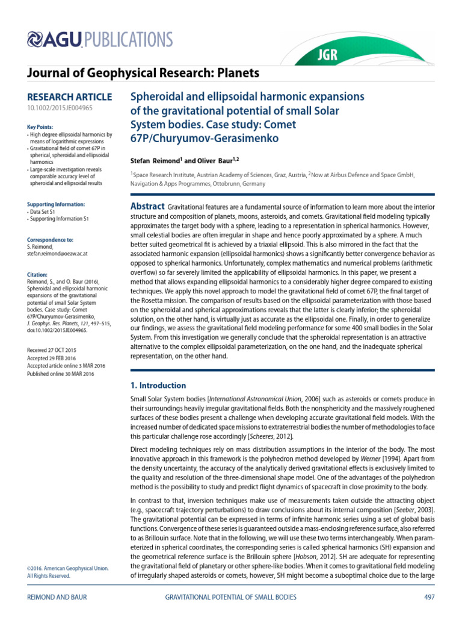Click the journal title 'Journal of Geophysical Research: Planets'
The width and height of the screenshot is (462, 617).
point(144,74)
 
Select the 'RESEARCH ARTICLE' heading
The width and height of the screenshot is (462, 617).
point(70,97)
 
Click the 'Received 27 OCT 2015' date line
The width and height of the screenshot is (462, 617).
point(57,350)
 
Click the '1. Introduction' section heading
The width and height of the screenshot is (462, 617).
point(159,386)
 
